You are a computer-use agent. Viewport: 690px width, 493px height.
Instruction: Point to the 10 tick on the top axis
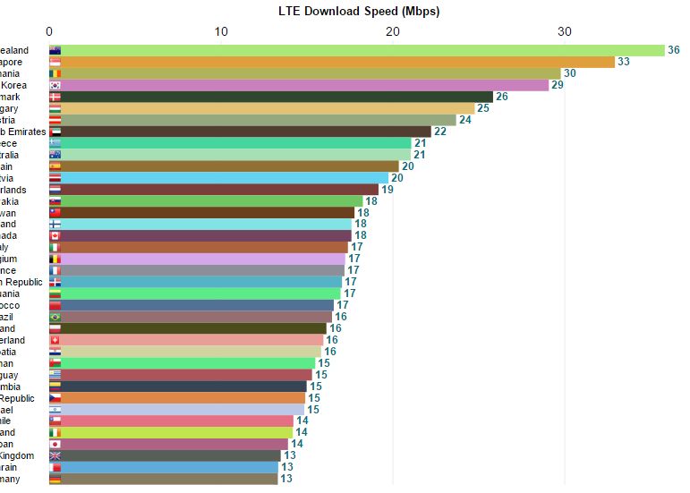(x=221, y=31)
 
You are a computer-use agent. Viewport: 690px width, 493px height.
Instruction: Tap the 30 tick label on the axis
(x=564, y=31)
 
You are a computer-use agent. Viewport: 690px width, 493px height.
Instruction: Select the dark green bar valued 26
(x=277, y=97)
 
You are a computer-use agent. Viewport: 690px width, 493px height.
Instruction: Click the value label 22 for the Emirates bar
(x=439, y=132)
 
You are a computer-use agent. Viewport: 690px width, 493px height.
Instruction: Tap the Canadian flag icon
(x=55, y=235)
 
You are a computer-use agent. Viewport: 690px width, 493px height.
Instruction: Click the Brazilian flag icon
(x=55, y=317)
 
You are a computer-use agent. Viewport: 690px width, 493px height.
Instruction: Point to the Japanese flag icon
(x=55, y=444)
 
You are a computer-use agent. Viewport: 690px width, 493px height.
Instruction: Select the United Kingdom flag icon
(x=55, y=455)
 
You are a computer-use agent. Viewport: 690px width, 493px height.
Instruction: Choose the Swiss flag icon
(x=55, y=340)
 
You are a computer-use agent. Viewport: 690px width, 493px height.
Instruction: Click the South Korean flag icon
(x=55, y=85)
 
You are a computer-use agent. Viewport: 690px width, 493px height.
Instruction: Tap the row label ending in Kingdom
(x=17, y=455)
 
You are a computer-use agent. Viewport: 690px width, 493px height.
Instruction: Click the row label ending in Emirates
(x=21, y=132)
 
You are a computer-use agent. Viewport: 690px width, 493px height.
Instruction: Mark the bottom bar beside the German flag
(x=169, y=479)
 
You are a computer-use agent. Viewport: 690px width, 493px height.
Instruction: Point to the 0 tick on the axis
(x=49, y=31)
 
